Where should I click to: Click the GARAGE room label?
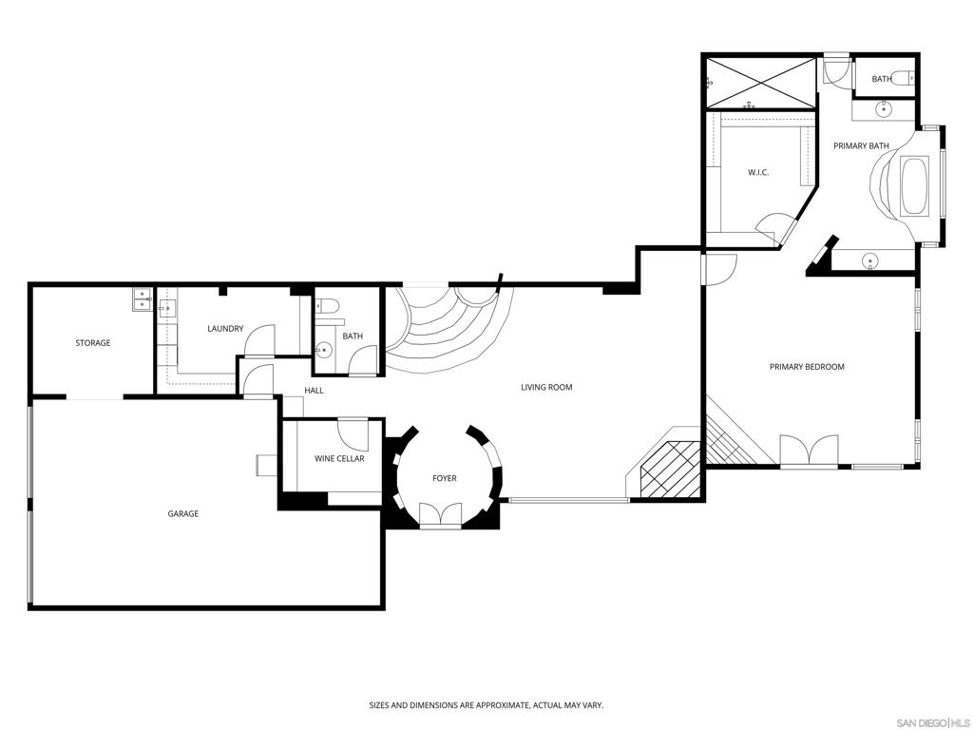183,513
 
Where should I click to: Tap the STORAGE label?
93,342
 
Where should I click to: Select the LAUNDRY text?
225,328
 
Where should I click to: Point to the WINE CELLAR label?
339,459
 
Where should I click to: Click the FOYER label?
445,478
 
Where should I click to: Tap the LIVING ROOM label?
546,388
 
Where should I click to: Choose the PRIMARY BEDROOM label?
807,367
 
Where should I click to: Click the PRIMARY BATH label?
861,145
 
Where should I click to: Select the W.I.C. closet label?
758,173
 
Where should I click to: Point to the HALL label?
314,391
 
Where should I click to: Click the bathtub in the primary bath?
914,187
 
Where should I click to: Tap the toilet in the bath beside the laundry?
327,306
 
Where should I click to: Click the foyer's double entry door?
441,515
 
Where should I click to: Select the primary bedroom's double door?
809,450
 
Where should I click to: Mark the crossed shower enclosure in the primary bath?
761,83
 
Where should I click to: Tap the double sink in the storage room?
143,299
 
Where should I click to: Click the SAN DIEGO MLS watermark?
935,722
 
